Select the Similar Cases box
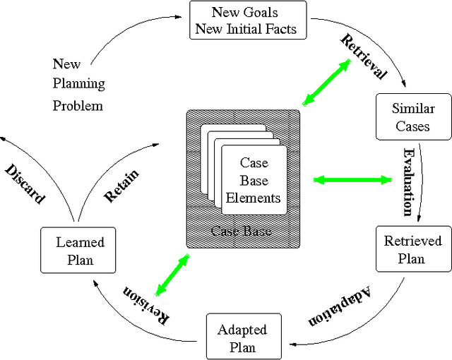413,117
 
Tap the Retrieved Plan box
412,249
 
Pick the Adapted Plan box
242,338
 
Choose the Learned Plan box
80,251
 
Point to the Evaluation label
408,181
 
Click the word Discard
25,184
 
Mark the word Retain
121,186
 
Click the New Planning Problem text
78,85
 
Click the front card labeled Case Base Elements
254,180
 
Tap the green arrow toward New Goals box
327,83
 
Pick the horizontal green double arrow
352,180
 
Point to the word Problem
78,106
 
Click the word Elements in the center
254,198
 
